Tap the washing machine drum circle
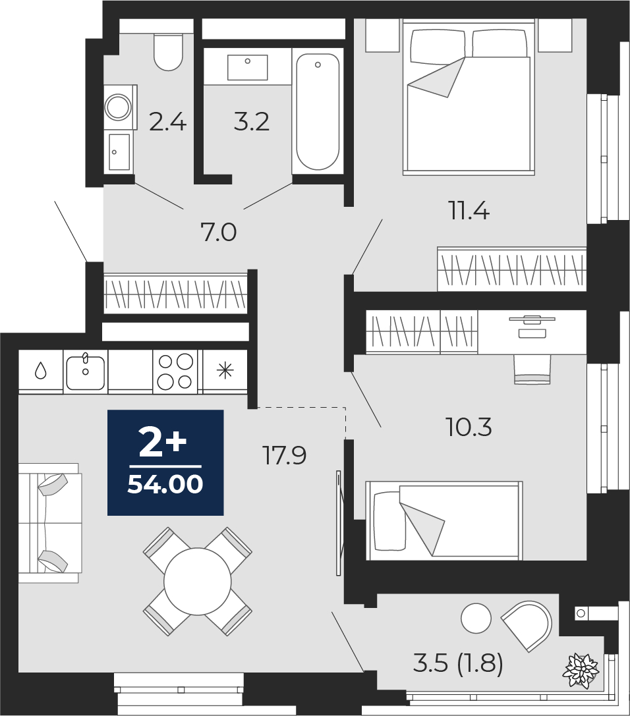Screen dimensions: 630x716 click(119, 107)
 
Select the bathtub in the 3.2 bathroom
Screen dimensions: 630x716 click(318, 113)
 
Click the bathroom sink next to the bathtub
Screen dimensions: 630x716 click(248, 67)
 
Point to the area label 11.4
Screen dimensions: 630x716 click(470, 211)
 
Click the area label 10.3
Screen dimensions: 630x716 click(469, 428)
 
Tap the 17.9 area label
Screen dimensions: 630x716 click(284, 455)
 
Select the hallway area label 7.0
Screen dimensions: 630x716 click(218, 233)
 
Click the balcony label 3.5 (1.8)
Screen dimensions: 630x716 click(458, 663)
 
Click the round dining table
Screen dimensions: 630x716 click(198, 582)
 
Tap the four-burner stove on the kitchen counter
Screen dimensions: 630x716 click(175, 372)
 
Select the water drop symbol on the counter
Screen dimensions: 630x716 click(41, 371)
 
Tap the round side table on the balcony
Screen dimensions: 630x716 click(476, 618)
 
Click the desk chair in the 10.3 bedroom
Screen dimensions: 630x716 click(532, 369)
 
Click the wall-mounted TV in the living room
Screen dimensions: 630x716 click(339, 523)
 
